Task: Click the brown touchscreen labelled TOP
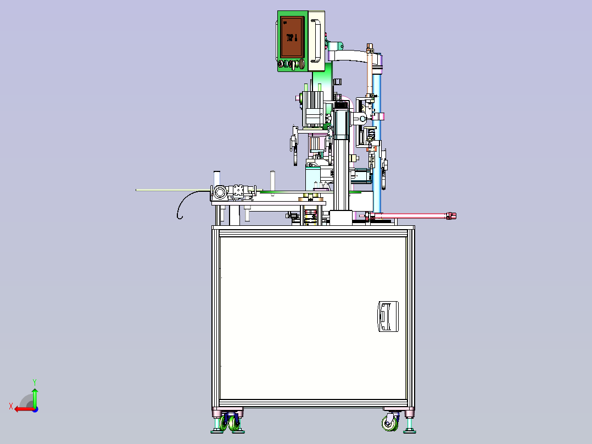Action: click(292, 37)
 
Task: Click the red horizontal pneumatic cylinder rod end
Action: click(451, 215)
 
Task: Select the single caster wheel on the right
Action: click(390, 423)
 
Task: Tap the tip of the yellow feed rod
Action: click(138, 190)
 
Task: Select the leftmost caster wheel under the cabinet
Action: click(224, 424)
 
